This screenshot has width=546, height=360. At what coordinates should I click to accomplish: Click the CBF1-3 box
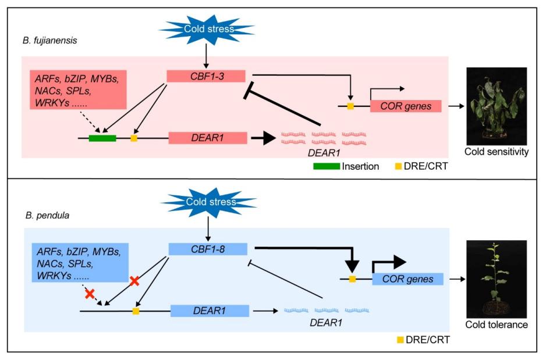205,76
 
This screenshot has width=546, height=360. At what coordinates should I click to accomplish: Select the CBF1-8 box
208,249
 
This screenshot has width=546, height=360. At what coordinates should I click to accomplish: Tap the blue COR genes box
412,279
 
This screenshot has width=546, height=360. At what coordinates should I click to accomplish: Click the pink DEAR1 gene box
208,138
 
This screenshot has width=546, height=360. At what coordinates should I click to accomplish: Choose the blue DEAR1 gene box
210,311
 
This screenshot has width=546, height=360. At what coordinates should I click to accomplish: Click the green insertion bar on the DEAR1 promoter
102,138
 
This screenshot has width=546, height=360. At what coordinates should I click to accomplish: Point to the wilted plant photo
497,106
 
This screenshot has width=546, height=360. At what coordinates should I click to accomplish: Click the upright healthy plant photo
497,279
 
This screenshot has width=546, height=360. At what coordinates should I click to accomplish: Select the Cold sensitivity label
497,152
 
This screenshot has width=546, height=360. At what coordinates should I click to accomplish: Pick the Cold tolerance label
497,325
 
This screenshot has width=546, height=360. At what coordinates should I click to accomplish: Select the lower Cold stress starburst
208,202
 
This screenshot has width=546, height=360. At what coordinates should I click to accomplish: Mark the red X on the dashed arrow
90,294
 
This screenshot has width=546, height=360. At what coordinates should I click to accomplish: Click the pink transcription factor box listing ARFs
79,90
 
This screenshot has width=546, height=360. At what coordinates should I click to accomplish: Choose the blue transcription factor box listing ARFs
79,263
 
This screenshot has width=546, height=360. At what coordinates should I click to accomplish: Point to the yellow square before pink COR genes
350,106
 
